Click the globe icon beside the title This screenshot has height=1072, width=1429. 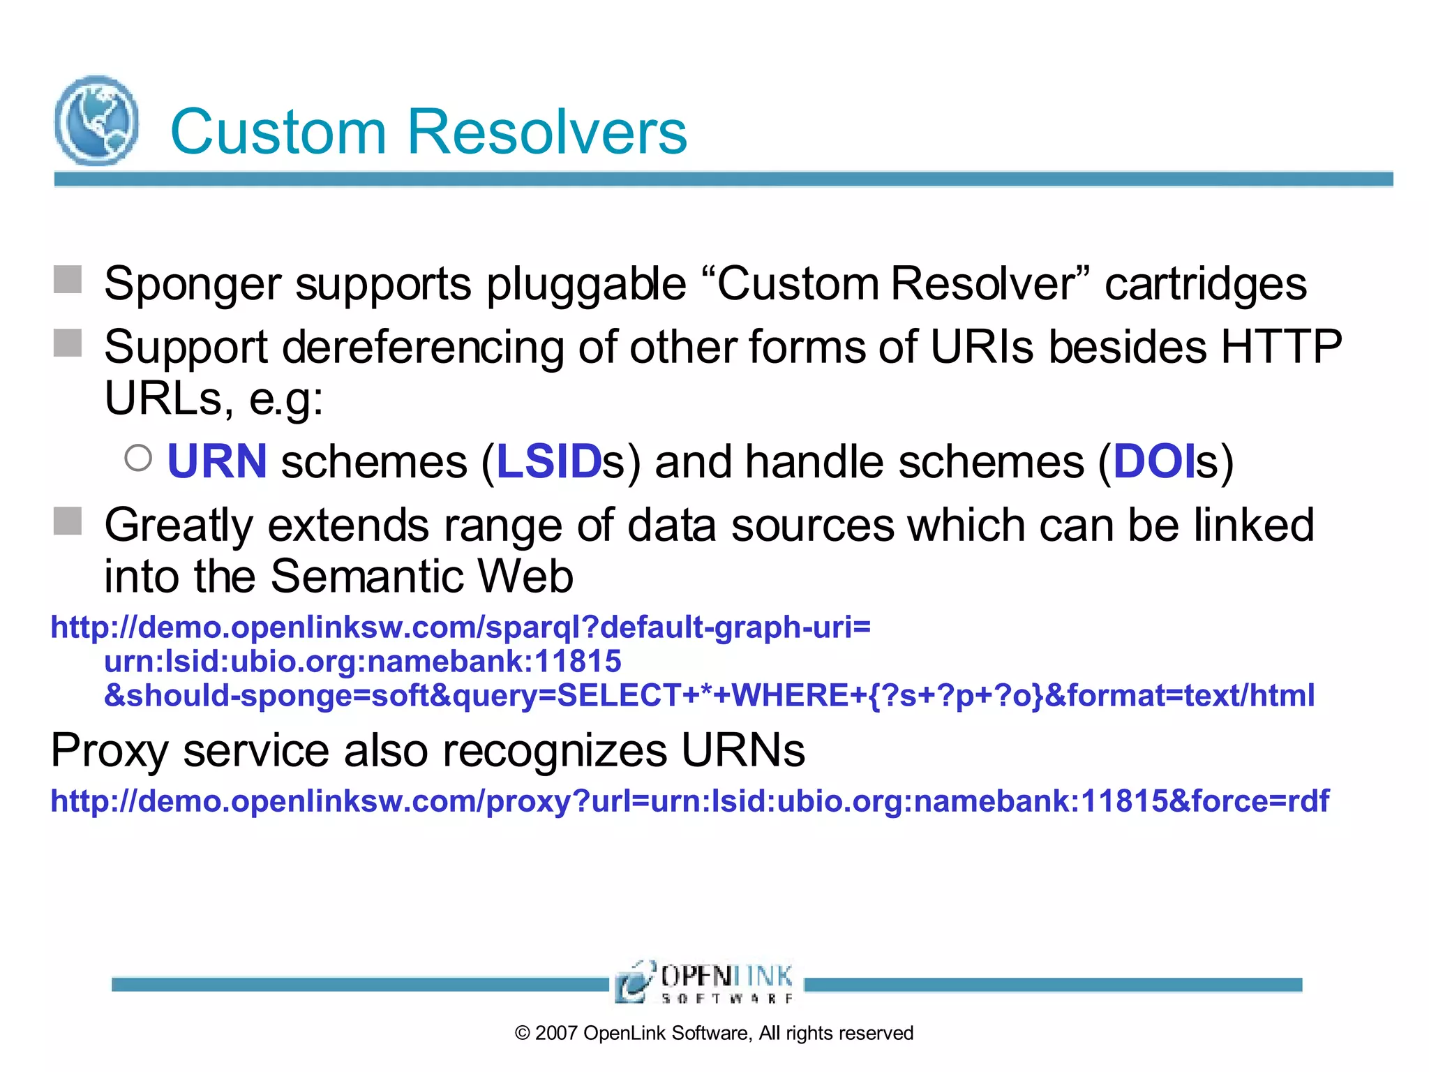coord(96,121)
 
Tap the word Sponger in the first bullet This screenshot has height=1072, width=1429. coord(192,284)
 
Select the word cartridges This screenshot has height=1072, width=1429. coord(1206,284)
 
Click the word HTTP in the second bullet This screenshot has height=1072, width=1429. coord(1281,347)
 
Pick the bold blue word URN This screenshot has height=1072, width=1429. coord(217,462)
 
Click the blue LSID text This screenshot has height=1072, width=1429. coord(548,462)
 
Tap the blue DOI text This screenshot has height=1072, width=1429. coord(1153,462)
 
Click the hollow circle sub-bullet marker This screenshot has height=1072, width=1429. coord(138,459)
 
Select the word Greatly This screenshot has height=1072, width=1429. coord(179,525)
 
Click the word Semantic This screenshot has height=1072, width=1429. coord(367,576)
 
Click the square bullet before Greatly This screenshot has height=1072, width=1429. coord(68,521)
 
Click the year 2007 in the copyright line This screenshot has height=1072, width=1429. coord(556,1034)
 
